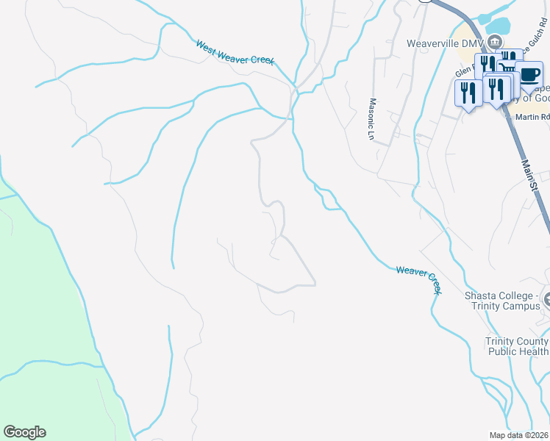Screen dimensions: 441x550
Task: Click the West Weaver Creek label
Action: (235, 53)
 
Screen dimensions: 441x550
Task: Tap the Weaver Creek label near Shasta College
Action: (419, 280)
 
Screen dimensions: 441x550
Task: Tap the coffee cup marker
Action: (529, 74)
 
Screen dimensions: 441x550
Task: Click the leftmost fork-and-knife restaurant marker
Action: (468, 92)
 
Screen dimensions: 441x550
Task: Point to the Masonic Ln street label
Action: (372, 119)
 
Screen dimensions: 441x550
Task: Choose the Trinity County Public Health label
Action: (517, 346)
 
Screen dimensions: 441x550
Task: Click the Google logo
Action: (24, 432)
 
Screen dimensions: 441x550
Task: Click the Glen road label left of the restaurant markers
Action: (465, 71)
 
